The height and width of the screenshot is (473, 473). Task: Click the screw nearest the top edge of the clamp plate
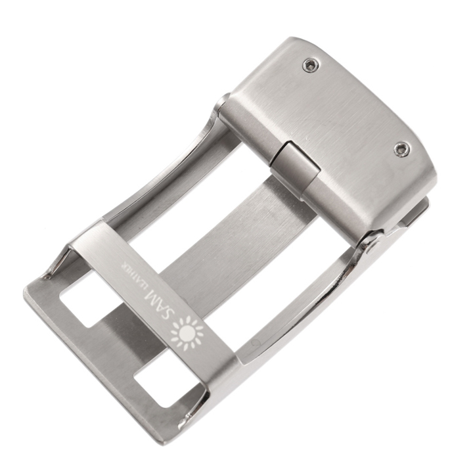(x=311, y=65)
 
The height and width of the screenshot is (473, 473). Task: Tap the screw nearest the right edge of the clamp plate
(x=402, y=149)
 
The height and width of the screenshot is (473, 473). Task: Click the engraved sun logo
(x=187, y=332)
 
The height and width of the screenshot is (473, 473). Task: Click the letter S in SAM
(x=169, y=314)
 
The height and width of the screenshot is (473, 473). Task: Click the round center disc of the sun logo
(x=187, y=332)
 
